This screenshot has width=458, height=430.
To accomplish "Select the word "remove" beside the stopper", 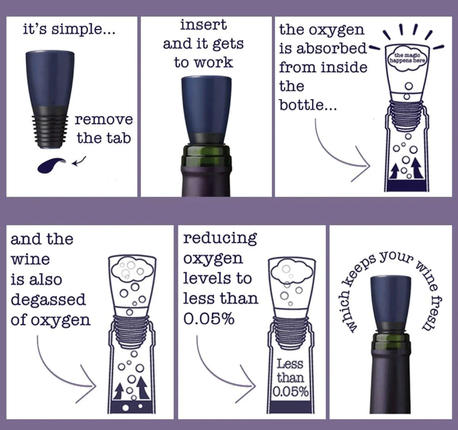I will coord(103,119).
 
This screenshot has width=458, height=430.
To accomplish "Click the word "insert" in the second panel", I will coord(203,25).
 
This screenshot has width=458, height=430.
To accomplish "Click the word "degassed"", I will coord(48,300).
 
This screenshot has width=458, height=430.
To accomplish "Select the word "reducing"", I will coord(220,238).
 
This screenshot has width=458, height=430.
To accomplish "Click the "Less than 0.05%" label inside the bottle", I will coord(290,377).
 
